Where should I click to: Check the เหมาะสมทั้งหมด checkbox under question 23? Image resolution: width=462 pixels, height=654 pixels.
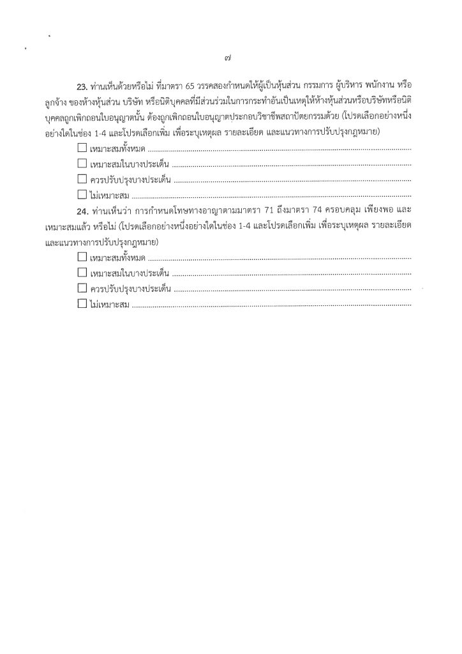[82, 148]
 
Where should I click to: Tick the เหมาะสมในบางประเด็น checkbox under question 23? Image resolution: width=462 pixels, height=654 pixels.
[82, 163]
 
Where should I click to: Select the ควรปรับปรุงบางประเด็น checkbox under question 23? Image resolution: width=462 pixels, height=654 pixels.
[82, 179]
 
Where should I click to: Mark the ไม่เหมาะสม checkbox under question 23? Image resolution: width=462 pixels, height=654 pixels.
[82, 194]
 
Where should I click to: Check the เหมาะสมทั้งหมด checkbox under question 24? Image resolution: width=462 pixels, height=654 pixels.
[82, 258]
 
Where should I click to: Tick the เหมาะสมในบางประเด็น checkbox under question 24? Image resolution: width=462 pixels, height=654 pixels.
[82, 273]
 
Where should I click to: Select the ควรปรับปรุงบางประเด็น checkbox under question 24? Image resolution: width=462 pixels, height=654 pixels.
[82, 289]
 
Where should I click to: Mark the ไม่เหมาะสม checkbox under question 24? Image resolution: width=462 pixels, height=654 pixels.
[82, 304]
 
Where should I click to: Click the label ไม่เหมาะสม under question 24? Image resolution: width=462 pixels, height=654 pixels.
[110, 305]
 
